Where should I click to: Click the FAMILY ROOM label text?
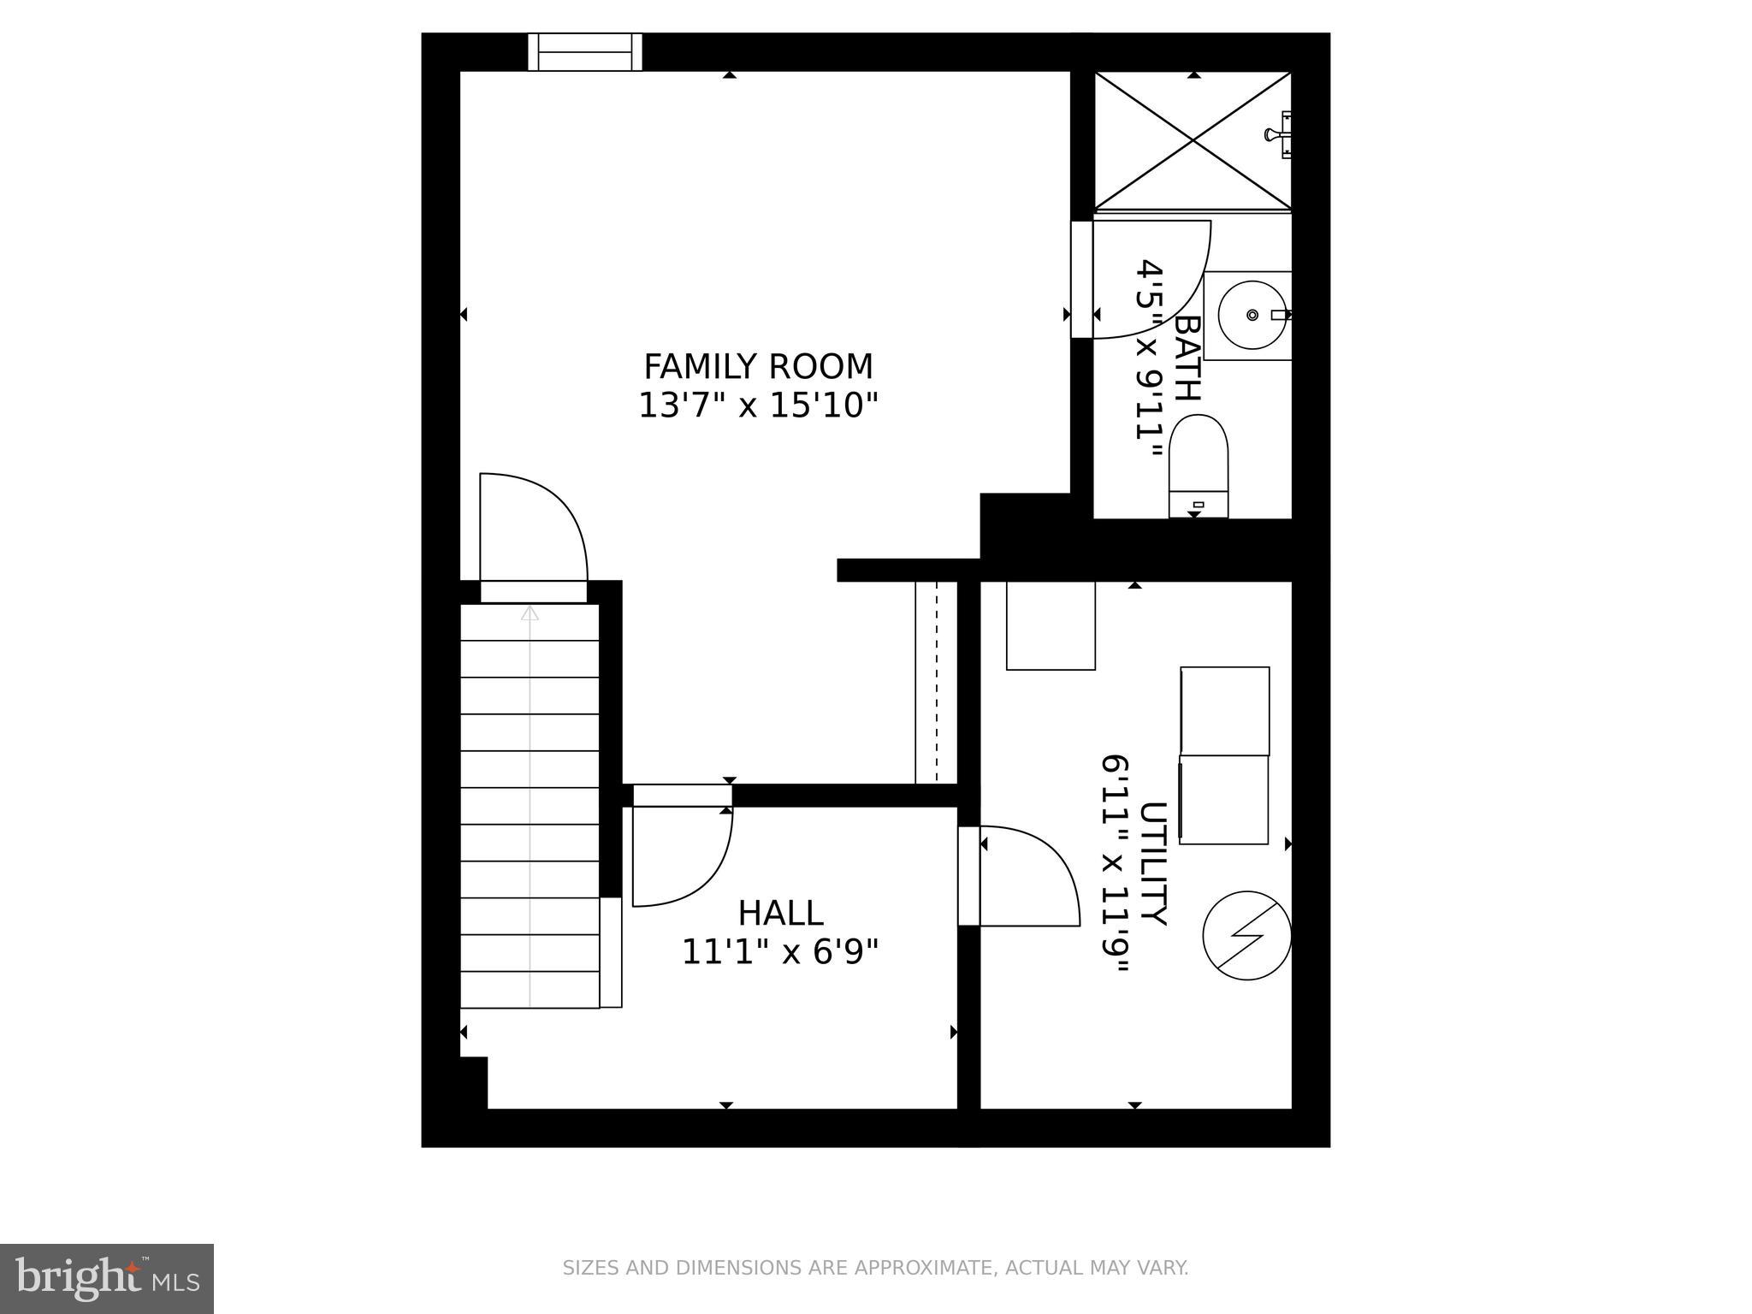(758, 367)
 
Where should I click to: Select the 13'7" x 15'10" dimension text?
(758, 405)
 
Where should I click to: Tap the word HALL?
(780, 914)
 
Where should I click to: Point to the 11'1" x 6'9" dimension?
(780, 952)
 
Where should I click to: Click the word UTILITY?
(1153, 864)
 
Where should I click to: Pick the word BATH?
(1187, 358)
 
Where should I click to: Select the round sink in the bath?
(1252, 316)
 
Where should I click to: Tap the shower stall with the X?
(1193, 141)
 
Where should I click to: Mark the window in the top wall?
(585, 52)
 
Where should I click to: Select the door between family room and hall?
(681, 855)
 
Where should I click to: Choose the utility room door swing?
(1027, 877)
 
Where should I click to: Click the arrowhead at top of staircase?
(530, 613)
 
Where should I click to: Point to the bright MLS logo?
(106, 1279)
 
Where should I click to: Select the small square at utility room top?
(1051, 625)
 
